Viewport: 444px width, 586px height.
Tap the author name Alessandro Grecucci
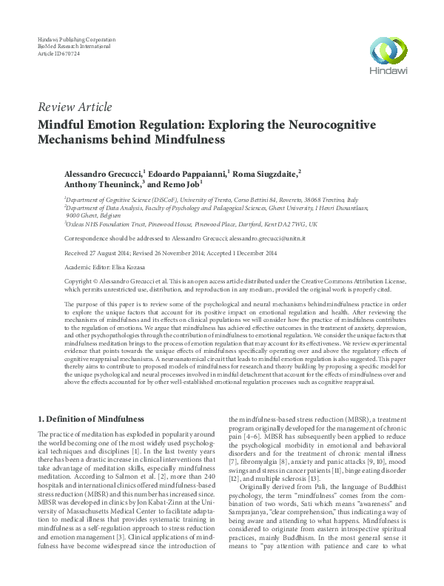coord(97,172)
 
